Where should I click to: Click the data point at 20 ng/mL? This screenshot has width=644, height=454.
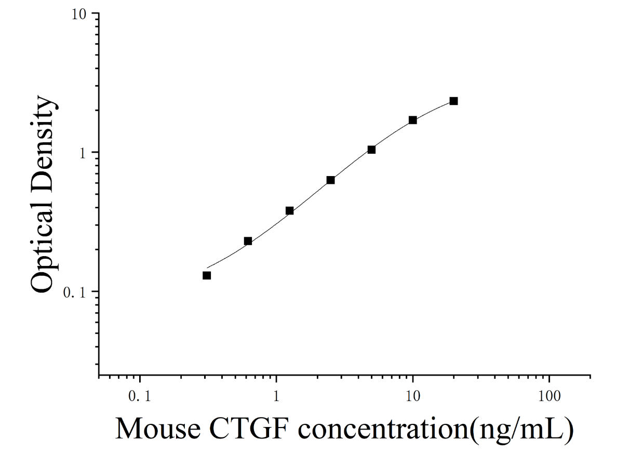454,101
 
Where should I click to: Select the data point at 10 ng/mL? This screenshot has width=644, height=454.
413,120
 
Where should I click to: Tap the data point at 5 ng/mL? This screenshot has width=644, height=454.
371,150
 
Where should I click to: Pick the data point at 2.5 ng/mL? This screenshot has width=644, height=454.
331,180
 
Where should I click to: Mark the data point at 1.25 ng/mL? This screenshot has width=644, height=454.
289,211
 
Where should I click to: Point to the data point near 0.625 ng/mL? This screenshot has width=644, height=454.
248,241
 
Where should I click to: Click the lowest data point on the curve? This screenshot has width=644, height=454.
207,275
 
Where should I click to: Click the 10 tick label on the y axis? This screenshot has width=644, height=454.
79,15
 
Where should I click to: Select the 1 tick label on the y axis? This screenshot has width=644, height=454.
83,154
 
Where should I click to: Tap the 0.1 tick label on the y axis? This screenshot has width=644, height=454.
74,293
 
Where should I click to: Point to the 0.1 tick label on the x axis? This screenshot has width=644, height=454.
139,396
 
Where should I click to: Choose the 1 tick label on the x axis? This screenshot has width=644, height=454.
276,396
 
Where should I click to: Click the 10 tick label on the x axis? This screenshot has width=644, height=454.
413,396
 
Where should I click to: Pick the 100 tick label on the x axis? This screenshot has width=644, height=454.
549,396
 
